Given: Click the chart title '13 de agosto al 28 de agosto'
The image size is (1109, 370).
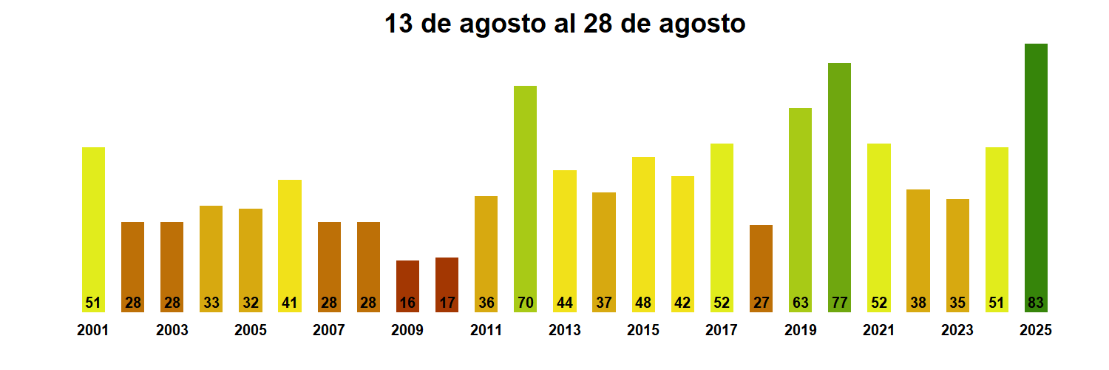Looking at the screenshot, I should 565,24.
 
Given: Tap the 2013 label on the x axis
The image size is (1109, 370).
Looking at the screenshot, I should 564,331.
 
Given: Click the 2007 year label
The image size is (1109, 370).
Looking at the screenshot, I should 329,331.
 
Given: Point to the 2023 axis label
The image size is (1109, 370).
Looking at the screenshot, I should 957,331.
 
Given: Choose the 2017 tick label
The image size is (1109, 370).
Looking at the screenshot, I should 721,331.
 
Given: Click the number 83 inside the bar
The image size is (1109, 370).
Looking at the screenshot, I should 1036,303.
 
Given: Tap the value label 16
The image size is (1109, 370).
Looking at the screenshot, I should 407,303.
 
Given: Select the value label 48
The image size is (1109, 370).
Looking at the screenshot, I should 643,303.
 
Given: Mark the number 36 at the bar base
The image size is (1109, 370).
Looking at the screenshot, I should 486,303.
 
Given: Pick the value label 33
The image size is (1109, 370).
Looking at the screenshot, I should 211,303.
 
